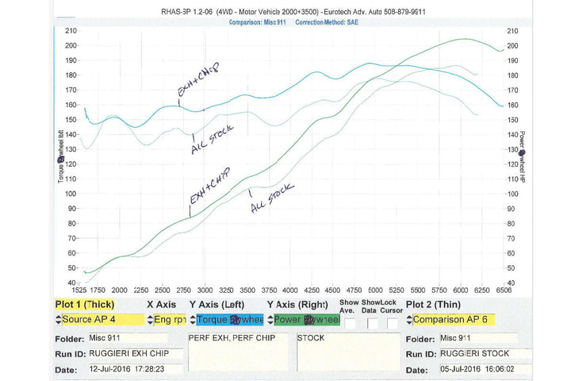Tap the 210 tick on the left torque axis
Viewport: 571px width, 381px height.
click(x=71, y=30)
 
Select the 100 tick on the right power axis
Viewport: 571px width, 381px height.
click(x=512, y=194)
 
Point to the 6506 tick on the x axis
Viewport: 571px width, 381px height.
click(x=504, y=291)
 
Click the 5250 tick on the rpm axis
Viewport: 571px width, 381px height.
click(x=397, y=291)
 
